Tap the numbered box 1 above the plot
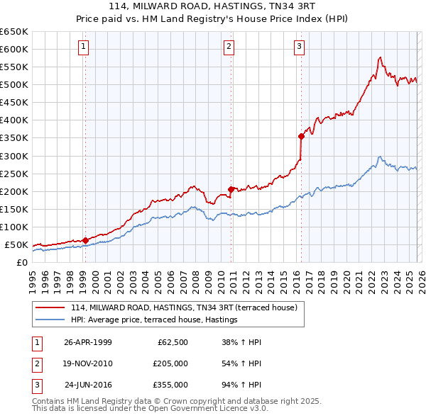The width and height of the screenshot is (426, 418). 84,47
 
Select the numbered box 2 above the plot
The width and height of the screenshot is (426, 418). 229,47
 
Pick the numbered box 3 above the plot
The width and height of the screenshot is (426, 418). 299,47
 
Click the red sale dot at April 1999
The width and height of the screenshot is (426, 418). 85,240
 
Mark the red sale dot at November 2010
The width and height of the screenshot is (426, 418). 231,189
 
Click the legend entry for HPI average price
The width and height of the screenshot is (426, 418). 154,320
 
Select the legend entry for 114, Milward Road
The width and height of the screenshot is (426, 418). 187,307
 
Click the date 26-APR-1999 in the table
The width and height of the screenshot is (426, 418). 88,342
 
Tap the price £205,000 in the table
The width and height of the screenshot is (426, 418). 170,364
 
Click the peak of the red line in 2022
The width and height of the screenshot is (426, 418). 381,57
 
